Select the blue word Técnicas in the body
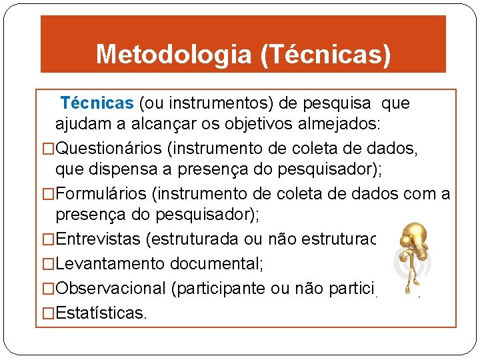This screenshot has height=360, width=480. click(x=97, y=103)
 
